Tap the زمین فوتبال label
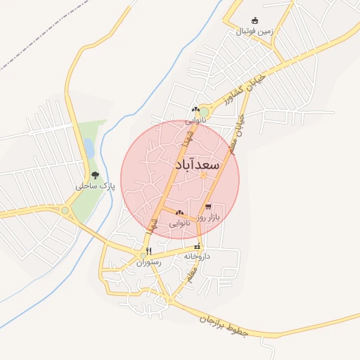click(253, 32)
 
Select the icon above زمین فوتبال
click(255, 21)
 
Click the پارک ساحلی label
click(96, 186)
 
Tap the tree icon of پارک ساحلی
click(96, 175)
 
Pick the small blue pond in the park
click(89, 148)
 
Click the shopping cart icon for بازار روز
click(208, 207)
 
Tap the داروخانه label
click(198, 257)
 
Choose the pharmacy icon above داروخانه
click(198, 247)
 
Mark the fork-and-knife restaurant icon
click(148, 251)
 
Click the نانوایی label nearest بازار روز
click(179, 223)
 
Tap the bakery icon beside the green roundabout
click(195, 109)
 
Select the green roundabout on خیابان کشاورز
click(205, 111)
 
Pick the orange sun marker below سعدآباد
click(204, 174)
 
